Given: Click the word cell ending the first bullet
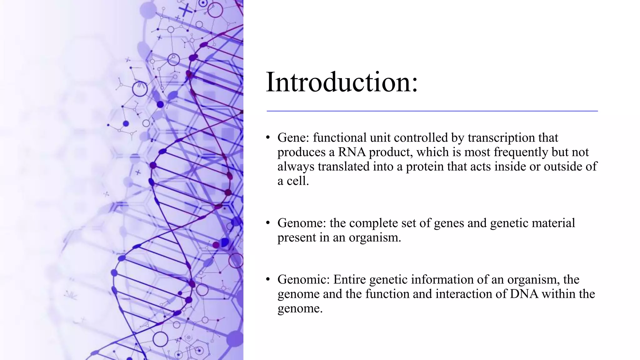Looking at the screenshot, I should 297,181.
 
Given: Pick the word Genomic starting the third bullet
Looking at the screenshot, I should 303,279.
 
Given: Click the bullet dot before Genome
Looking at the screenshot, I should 268,223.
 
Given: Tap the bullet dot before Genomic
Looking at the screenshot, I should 268,279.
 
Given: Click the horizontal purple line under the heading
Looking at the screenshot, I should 432,111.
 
